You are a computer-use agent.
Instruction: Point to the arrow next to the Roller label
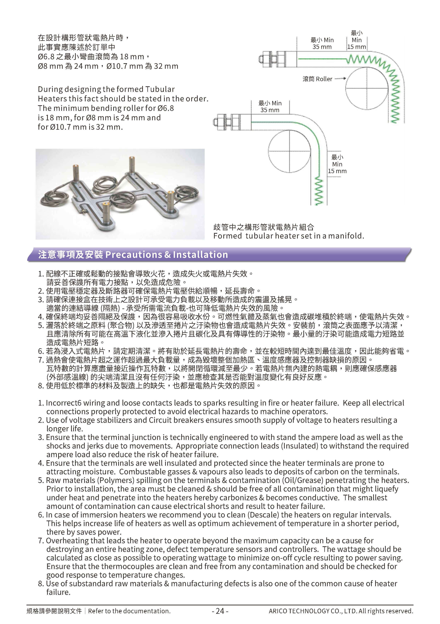340,79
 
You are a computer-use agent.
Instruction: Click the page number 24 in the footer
220,611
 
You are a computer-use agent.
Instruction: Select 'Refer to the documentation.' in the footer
129,611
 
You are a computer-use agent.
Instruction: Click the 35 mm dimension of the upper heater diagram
322,47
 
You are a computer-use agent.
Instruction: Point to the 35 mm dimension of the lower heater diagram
270,110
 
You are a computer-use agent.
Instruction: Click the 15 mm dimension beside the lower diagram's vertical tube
337,171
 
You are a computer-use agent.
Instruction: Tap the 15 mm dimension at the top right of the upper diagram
357,47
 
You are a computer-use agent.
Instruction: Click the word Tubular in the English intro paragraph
160,89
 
